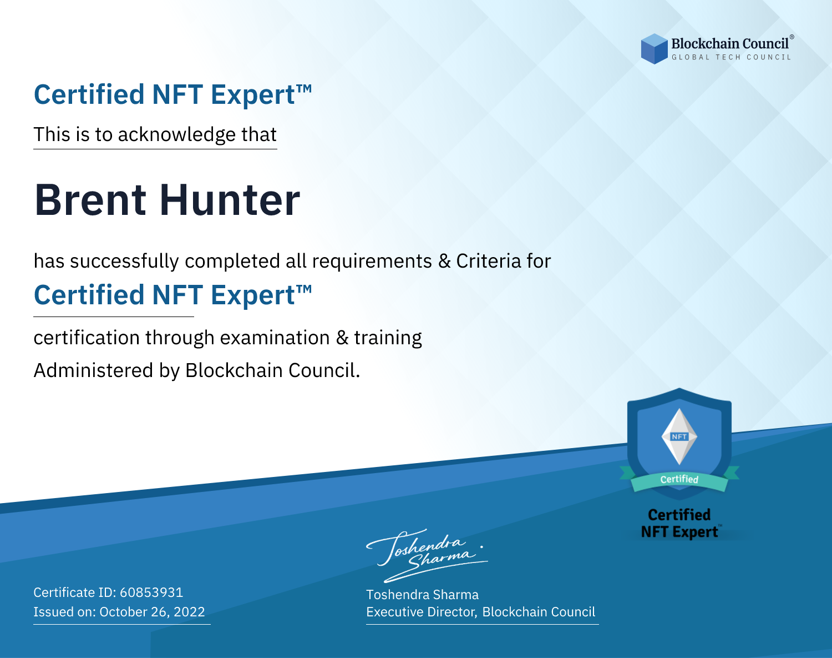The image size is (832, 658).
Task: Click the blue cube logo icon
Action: point(654,49)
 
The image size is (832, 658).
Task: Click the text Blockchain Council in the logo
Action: point(730,44)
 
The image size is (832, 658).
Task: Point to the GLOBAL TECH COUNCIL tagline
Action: point(731,57)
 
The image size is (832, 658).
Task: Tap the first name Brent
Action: point(90,200)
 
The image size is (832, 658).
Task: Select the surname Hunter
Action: point(230,200)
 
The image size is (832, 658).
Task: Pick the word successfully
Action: point(124,262)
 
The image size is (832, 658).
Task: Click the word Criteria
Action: point(488,261)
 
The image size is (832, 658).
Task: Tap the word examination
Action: point(275,338)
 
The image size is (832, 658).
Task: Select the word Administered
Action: point(93,370)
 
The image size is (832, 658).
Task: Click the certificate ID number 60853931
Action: point(151,592)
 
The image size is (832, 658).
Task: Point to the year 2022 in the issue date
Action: point(189,611)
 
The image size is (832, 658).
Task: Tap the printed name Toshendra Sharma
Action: point(422,595)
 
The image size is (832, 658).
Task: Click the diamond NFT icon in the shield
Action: point(679,436)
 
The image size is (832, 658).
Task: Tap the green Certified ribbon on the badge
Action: point(679,480)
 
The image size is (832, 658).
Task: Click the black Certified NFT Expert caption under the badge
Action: point(679,523)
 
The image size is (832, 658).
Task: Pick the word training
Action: point(388,338)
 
